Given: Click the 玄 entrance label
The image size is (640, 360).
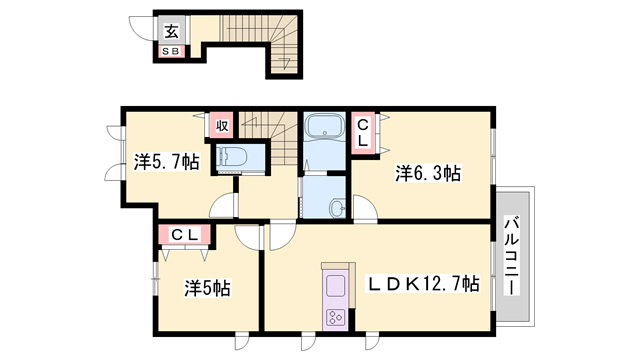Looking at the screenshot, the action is [172, 31].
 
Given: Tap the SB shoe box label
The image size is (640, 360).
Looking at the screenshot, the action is [171, 52].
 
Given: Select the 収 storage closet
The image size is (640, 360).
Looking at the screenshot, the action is [222, 126].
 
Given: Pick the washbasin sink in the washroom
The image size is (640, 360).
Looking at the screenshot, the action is [338, 207].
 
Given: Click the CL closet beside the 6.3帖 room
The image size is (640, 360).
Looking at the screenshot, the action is [362, 133].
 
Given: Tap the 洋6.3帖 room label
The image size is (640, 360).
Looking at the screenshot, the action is [428, 173].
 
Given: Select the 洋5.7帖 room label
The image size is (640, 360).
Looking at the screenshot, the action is [167, 162].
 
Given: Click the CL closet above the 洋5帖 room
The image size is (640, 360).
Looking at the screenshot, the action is [184, 235].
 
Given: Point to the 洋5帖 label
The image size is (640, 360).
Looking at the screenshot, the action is [207, 288].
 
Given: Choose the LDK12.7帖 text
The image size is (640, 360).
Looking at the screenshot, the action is [423, 283].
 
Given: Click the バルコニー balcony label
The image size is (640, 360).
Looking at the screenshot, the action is [512, 257].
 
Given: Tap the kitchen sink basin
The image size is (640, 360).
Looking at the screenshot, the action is [335, 286].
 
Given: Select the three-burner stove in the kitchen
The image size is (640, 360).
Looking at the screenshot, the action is [335, 317].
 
